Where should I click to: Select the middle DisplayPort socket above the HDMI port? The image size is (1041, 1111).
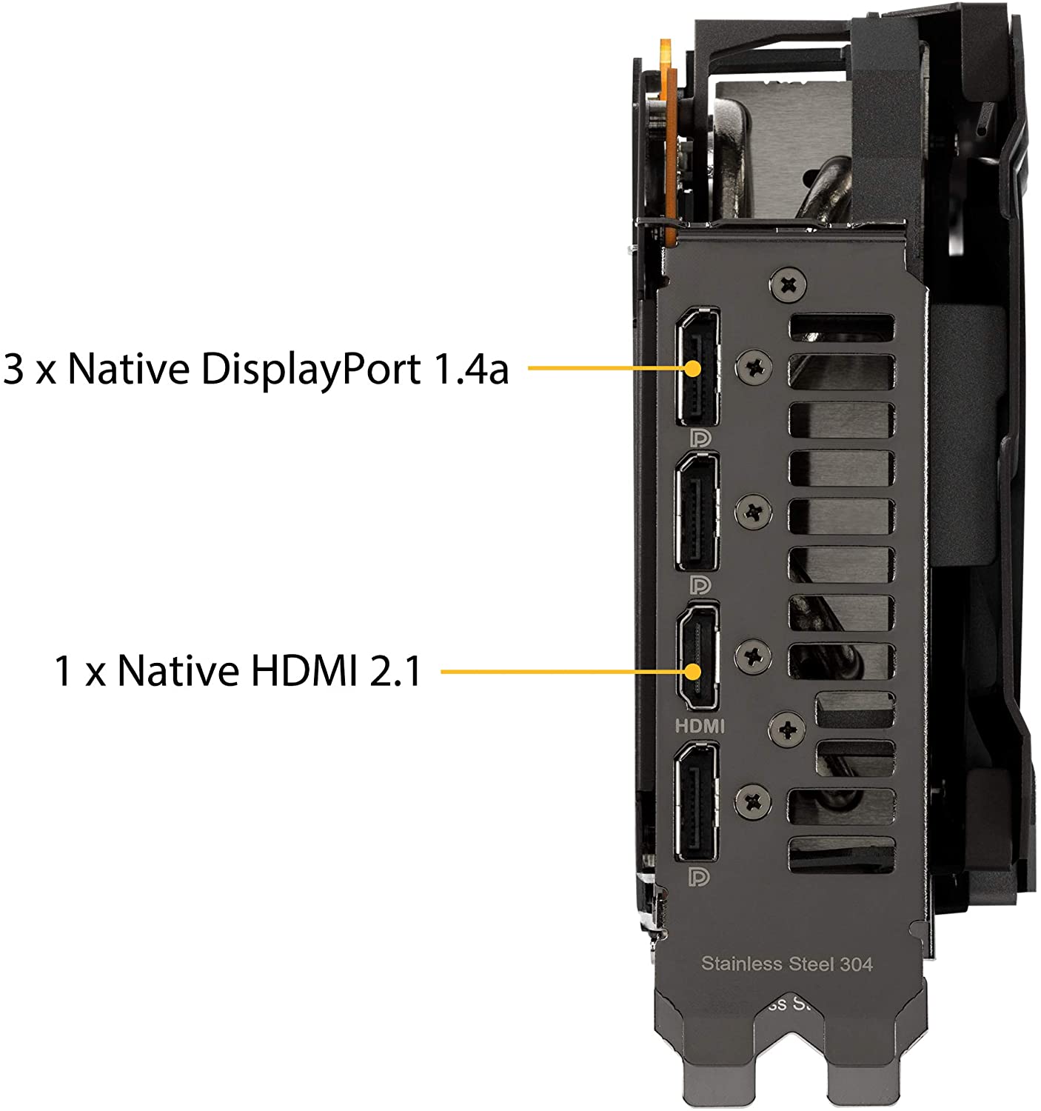[x=697, y=513]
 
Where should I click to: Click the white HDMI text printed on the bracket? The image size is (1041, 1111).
[x=700, y=726]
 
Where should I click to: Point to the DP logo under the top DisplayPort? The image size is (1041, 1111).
[x=700, y=438]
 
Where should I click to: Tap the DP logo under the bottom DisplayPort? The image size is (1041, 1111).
[x=699, y=877]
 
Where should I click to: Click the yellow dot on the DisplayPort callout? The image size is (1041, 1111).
[x=692, y=368]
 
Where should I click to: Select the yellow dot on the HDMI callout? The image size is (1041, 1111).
[x=692, y=671]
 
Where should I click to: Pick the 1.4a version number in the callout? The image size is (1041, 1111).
[x=471, y=369]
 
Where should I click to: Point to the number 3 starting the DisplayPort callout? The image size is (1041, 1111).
[x=13, y=369]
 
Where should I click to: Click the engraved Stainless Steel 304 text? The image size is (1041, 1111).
[x=786, y=964]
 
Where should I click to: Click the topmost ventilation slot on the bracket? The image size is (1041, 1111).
[x=841, y=327]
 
